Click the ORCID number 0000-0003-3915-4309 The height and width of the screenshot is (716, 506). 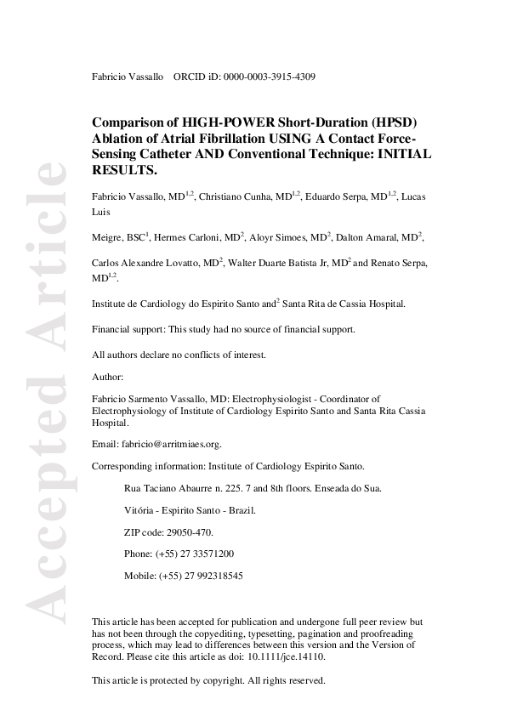click(x=270, y=77)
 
